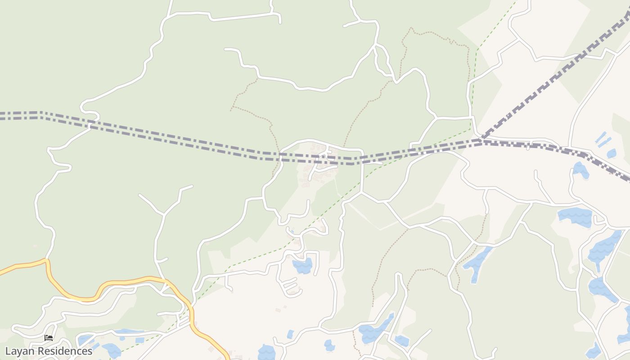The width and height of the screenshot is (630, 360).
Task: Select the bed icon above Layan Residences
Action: (49, 338)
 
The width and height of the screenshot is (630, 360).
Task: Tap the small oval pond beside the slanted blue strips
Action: (611, 153)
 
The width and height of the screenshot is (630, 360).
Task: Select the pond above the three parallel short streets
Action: (302, 265)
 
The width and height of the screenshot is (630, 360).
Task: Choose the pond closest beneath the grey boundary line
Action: (580, 170)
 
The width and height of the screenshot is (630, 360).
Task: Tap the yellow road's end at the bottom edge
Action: (227, 358)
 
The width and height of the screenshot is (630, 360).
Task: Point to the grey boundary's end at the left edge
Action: (1, 115)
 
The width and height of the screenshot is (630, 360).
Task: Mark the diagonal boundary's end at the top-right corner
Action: (628, 13)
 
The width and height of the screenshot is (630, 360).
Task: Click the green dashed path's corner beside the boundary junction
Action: (470, 130)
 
